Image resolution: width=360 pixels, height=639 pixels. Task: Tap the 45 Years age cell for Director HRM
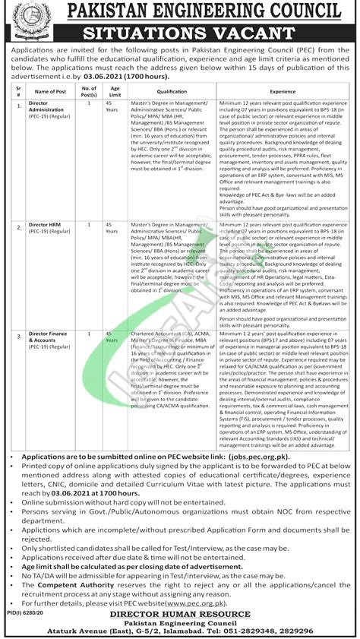(x=112, y=229)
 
